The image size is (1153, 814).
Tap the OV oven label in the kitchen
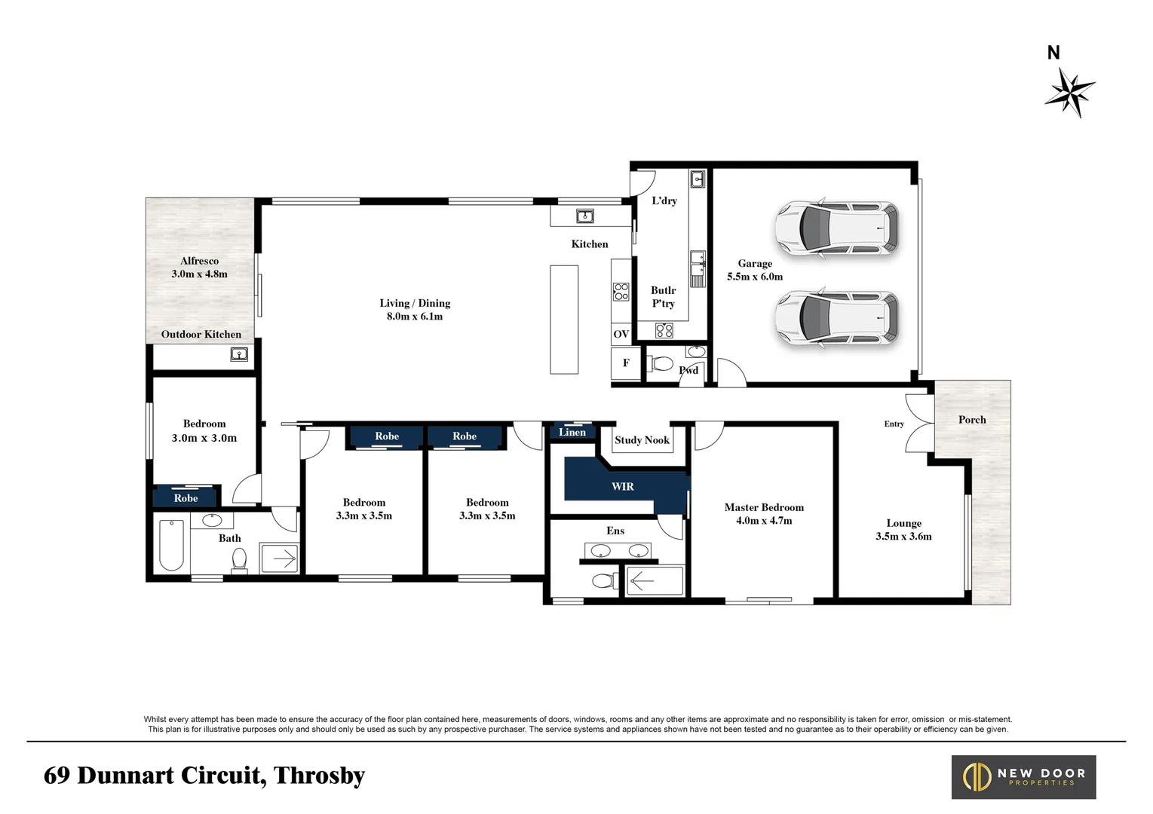point(621,334)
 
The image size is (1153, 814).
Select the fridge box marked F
point(626,363)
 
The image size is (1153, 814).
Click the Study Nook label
point(642,440)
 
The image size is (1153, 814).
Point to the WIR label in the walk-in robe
point(623,486)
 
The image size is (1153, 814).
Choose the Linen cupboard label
point(572,432)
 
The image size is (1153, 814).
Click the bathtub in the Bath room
point(171,545)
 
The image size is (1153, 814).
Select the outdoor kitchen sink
point(239,354)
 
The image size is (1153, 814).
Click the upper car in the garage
point(837,228)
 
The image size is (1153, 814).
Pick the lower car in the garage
point(837,318)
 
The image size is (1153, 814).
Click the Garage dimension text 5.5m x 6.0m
point(755,277)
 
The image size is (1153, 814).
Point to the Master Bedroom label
point(764,507)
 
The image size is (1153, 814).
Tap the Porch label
point(972,420)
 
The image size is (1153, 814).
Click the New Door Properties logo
point(1024,777)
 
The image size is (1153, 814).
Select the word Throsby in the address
point(319,776)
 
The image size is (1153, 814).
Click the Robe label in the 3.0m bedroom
point(186,498)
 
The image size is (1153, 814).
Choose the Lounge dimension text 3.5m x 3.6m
point(904,536)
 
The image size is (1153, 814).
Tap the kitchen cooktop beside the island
point(621,292)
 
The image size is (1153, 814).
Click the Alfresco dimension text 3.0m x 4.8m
point(199,274)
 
